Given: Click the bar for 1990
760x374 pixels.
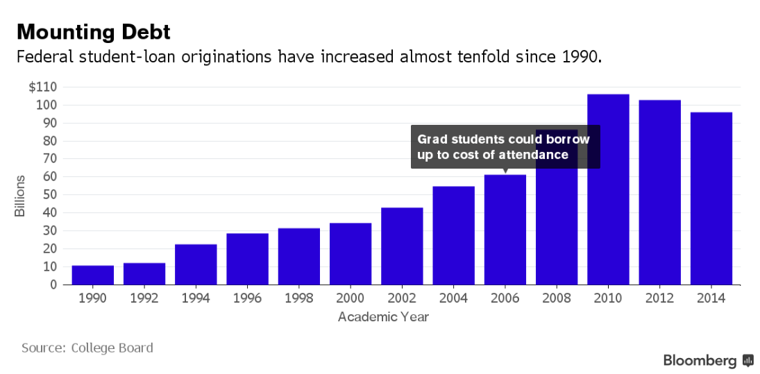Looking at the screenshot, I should (x=92, y=275).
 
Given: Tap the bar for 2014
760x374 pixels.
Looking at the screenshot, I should (x=711, y=198).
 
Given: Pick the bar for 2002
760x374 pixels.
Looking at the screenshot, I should (x=402, y=246).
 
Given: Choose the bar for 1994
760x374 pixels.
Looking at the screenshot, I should (x=196, y=264).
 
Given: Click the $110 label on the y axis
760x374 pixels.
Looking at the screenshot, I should (x=43, y=87).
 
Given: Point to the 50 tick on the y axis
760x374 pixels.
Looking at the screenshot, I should (x=49, y=195).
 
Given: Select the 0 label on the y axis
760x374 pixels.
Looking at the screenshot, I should (x=53, y=284).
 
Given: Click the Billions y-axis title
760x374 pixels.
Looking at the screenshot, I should (x=20, y=195).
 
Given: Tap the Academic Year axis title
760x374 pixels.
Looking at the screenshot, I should (x=383, y=317).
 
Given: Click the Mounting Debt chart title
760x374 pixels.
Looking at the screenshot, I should (x=93, y=32).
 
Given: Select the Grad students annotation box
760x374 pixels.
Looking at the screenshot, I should (x=505, y=146).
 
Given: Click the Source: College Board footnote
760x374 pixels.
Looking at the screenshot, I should (x=87, y=348).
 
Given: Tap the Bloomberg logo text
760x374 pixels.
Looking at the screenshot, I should (x=700, y=360).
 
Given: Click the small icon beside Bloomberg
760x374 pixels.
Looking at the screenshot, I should (x=748, y=360).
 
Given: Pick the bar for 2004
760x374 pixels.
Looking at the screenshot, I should (x=453, y=235).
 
